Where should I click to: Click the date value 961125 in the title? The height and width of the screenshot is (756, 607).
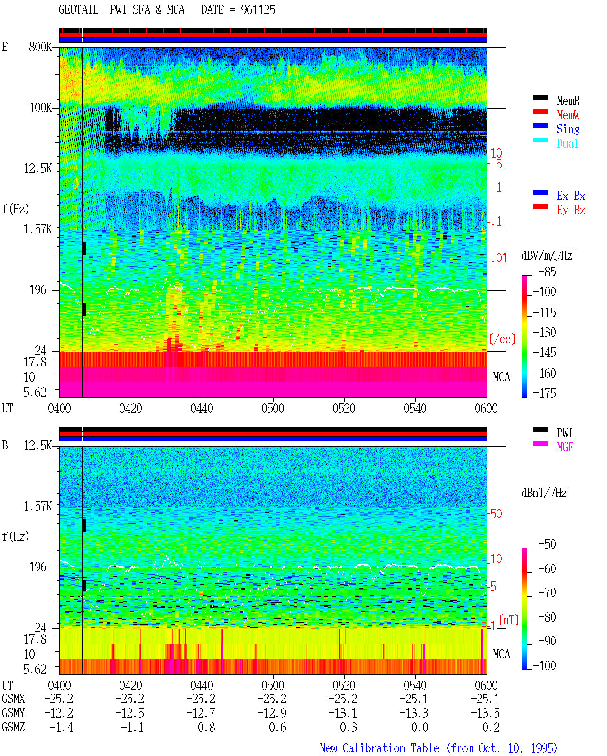click(x=258, y=10)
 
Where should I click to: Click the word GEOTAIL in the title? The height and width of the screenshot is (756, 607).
click(x=79, y=10)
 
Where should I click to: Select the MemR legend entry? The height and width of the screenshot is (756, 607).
click(x=568, y=101)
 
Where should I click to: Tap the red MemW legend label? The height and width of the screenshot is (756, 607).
click(x=568, y=115)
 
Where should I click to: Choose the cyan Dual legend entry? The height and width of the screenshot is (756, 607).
click(x=568, y=143)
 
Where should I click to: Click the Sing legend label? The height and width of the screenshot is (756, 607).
click(x=568, y=129)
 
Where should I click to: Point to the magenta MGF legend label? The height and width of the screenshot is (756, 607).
click(x=565, y=447)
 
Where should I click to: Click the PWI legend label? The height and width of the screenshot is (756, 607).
click(x=564, y=433)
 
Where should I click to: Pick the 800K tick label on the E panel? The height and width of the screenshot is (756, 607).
click(x=40, y=47)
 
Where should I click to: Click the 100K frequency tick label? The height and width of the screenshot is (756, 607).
click(x=40, y=108)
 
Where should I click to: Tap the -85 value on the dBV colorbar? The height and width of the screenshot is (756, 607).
click(x=547, y=272)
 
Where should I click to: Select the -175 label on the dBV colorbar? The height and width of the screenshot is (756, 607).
click(x=544, y=393)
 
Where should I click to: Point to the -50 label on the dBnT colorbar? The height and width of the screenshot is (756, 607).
click(x=547, y=544)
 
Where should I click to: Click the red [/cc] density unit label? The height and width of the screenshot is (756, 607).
click(x=502, y=339)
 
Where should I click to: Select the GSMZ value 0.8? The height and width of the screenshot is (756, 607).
click(x=206, y=727)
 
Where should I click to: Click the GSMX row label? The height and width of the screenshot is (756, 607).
click(x=13, y=699)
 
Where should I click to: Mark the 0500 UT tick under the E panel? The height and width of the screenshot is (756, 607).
click(x=273, y=409)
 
